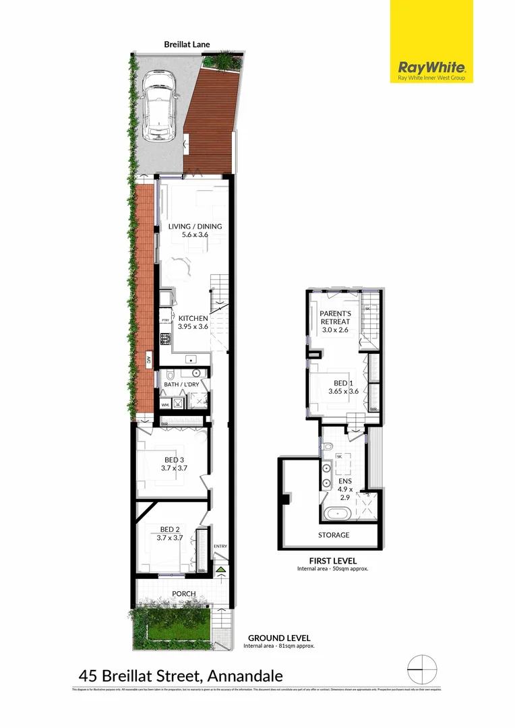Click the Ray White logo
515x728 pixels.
(431, 69)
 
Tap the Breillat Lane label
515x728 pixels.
(187, 44)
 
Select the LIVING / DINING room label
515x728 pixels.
(195, 226)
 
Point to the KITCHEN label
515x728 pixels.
(193, 317)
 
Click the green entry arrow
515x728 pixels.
(221, 570)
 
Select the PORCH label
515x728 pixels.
(183, 594)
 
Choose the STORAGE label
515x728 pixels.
(334, 535)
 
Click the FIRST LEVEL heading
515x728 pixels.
(333, 560)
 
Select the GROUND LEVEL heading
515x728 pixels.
(279, 638)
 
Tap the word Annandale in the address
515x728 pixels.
(245, 675)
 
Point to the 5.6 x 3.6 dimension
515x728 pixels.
(195, 235)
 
